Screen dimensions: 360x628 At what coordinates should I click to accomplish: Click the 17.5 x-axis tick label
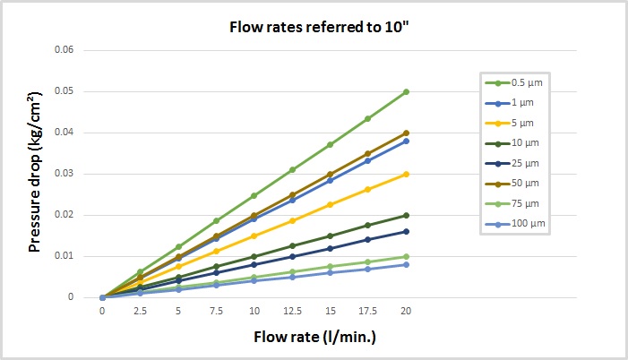tap(368, 310)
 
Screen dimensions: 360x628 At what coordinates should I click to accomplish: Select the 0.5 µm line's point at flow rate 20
tap(406, 91)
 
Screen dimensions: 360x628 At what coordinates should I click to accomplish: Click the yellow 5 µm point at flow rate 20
tap(406, 174)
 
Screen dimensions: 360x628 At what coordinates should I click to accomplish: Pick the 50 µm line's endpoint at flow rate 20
tap(406, 133)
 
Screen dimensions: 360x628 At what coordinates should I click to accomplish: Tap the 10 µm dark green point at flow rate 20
tap(406, 215)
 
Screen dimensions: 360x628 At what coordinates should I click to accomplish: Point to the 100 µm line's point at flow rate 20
tap(406, 264)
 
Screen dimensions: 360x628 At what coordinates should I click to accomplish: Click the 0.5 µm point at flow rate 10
tap(254, 195)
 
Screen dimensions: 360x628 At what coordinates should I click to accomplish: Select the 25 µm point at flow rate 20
tap(406, 231)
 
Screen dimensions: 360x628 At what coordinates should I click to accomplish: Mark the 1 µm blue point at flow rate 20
tap(406, 141)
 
